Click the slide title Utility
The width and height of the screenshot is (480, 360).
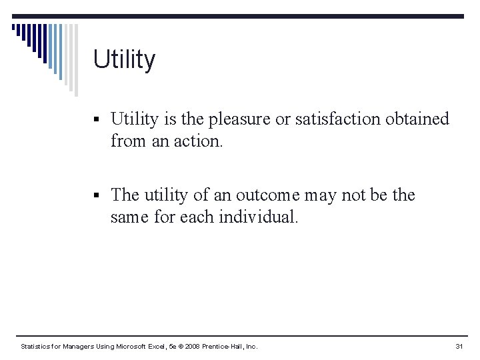click(124, 59)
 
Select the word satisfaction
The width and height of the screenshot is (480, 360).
click(325, 119)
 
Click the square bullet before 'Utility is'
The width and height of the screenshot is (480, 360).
click(97, 121)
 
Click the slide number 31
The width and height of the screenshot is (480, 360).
click(459, 347)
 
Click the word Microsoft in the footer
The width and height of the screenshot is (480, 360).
click(135, 347)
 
